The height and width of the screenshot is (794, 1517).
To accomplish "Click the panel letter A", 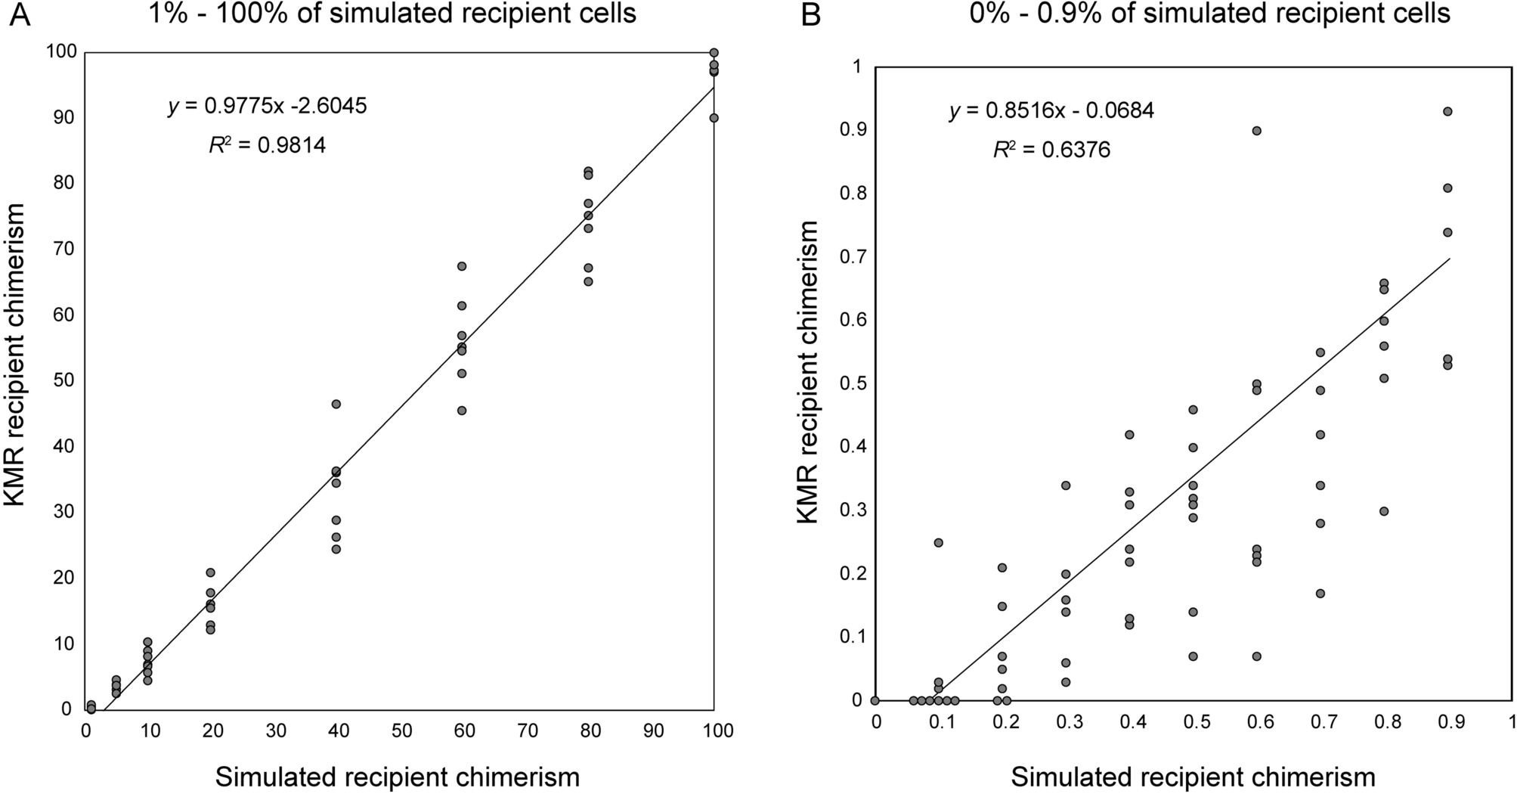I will click(20, 15).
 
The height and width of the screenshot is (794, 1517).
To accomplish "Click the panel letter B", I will click(810, 15).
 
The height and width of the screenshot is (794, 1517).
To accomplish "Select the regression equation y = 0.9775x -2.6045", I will click(267, 106).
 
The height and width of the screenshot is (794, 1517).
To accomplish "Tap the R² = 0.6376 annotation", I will click(1051, 150).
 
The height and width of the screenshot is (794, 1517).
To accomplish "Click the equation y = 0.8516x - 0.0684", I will click(1051, 111).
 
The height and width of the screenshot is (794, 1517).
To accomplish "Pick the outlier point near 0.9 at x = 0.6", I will click(1257, 131).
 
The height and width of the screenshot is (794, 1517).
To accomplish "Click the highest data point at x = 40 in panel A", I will click(336, 404).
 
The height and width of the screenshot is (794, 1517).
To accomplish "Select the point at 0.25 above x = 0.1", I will click(939, 543).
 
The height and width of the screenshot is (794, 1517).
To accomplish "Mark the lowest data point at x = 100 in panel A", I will click(714, 118).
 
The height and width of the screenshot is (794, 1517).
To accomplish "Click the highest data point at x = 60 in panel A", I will click(462, 266).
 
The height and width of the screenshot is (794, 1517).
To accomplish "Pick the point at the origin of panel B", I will click(875, 700).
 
